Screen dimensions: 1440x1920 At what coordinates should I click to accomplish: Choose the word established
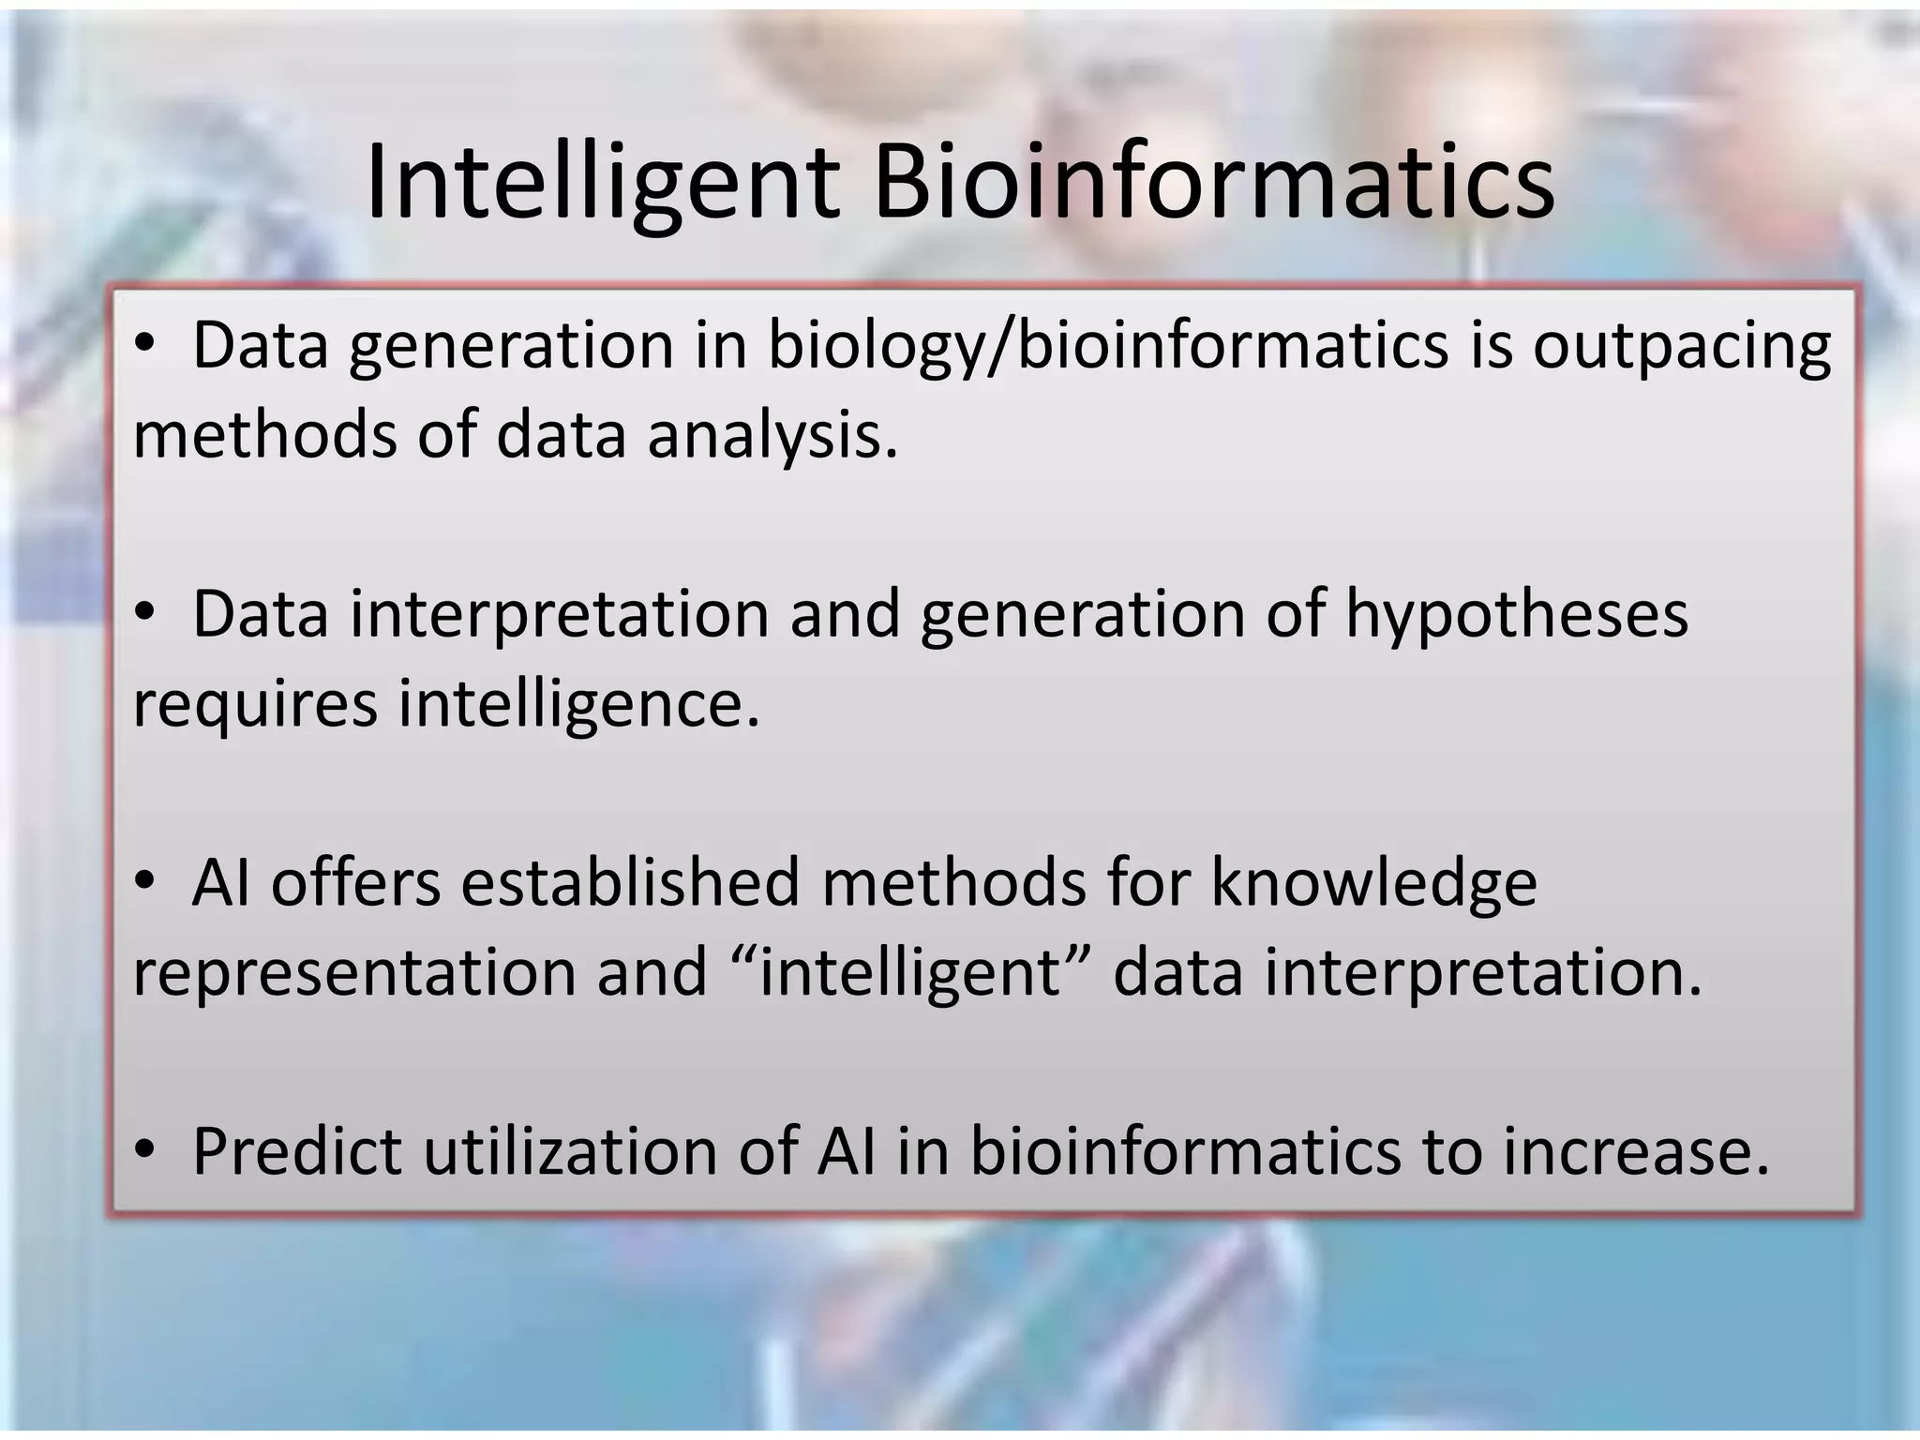click(630, 883)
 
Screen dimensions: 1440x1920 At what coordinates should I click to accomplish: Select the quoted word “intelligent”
click(910, 973)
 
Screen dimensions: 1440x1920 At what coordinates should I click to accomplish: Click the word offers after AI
click(355, 883)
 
